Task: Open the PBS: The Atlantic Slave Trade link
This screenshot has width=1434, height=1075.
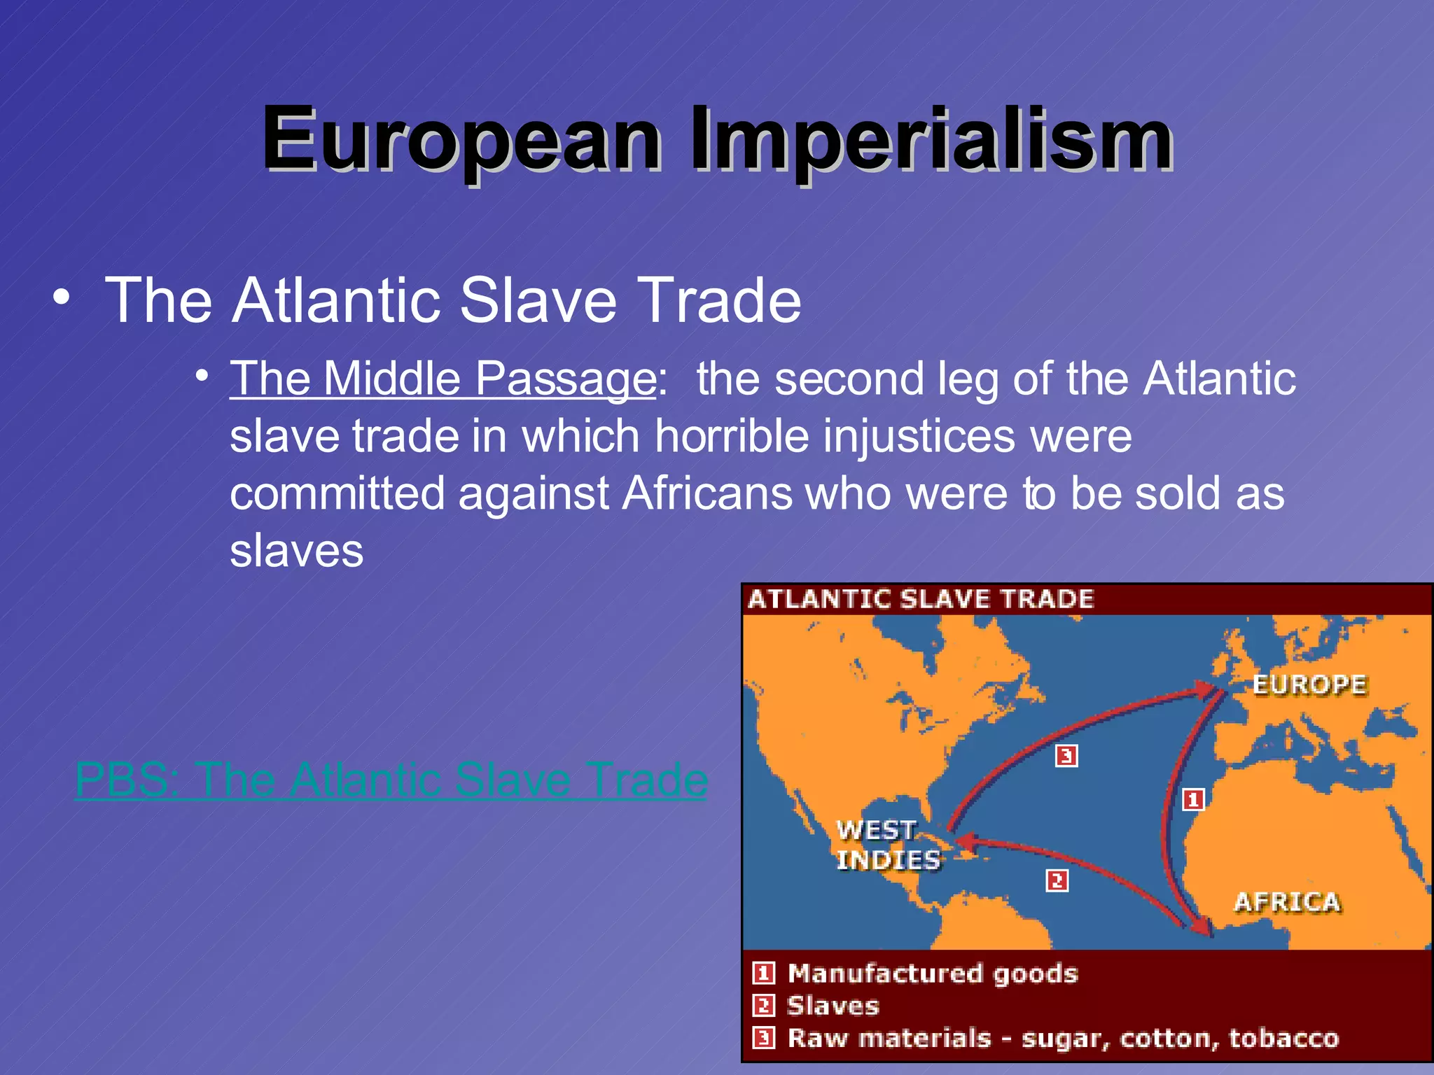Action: tap(391, 780)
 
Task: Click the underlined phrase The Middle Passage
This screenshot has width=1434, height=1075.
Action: tap(443, 379)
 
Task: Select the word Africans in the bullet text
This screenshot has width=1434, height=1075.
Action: tap(707, 493)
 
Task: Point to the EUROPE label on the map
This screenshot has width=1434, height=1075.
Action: tap(1309, 684)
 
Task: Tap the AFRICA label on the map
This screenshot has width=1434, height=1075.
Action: tap(1287, 902)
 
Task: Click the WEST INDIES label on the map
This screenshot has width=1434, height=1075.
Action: tap(888, 845)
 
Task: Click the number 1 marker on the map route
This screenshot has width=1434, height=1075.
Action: tap(1193, 799)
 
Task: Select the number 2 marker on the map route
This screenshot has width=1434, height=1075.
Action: tap(1057, 880)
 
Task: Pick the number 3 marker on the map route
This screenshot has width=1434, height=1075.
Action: tap(1066, 756)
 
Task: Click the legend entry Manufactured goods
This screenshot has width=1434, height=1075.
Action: tap(932, 974)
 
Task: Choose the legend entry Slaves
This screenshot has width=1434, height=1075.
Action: tap(833, 1006)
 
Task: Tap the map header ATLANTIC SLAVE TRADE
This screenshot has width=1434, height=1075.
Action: tap(920, 599)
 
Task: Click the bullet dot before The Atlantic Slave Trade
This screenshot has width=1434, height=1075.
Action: tap(62, 297)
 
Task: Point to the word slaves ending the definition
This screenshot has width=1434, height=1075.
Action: tap(297, 551)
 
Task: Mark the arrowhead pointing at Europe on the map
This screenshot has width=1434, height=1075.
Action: tap(1206, 691)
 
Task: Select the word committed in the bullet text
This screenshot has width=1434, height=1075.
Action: tap(337, 493)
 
